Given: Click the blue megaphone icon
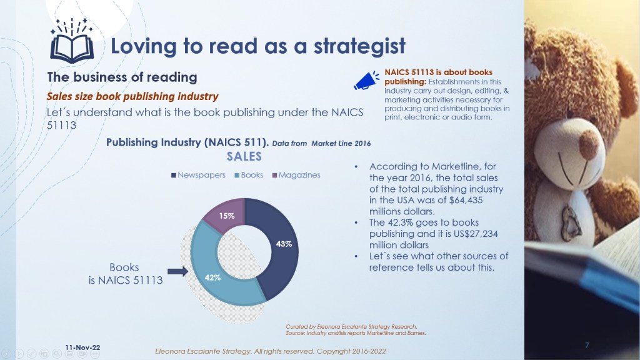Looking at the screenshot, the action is click(x=366, y=81).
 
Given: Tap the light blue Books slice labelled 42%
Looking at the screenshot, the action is click(x=212, y=274).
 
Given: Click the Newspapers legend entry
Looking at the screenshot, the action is click(x=198, y=175).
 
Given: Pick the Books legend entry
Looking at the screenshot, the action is click(x=249, y=175).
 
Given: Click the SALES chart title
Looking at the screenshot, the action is click(x=244, y=156).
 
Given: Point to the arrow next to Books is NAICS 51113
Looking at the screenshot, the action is click(x=177, y=271).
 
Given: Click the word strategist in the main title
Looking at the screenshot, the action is click(x=359, y=46).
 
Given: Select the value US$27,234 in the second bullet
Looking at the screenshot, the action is click(x=474, y=234).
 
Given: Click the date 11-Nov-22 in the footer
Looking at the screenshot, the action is click(x=82, y=347).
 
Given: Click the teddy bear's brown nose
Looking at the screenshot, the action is click(x=588, y=144).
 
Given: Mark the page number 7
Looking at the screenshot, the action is click(x=587, y=345).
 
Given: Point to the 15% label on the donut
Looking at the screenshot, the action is click(x=226, y=216).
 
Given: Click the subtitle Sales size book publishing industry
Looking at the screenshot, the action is click(x=132, y=97).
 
